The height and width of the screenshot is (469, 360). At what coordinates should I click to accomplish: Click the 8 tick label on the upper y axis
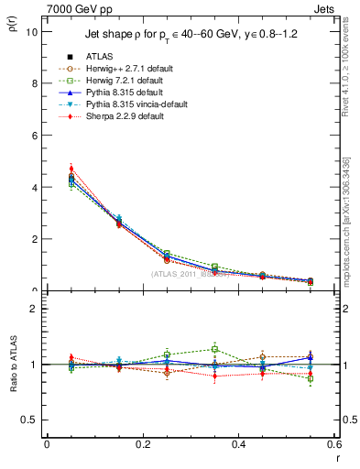(x=34, y=83)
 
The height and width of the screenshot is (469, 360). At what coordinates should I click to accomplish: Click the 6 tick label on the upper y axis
(x=34, y=136)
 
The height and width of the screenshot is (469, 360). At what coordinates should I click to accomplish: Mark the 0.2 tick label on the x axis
(x=142, y=444)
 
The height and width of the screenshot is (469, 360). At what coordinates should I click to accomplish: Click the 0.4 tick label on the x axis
(x=238, y=444)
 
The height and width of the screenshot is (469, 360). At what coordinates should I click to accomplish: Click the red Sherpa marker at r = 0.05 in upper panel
(x=71, y=169)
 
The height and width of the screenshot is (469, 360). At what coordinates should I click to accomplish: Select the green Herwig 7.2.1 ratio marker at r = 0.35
(x=214, y=349)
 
